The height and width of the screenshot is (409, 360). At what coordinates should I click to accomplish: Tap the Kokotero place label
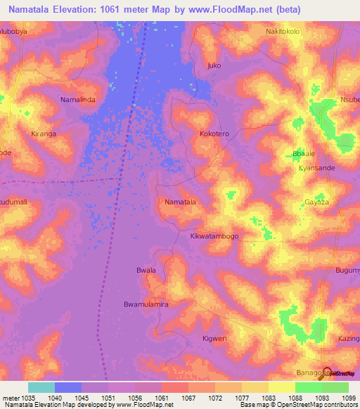[x=214, y=134]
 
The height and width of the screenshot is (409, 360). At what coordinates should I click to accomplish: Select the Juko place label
[x=214, y=66]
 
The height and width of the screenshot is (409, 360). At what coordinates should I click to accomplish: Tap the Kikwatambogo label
[x=214, y=236]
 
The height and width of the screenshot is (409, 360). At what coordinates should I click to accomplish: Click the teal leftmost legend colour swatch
[x=41, y=387]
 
